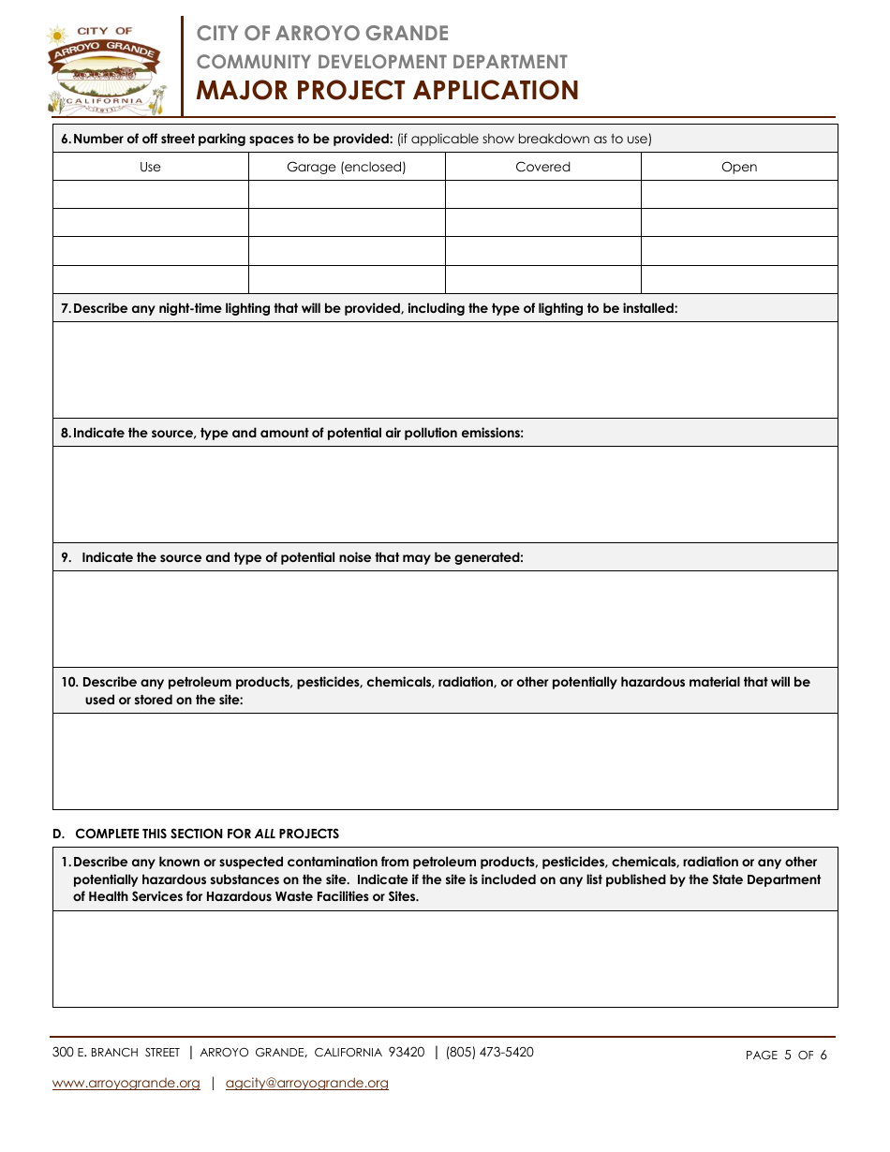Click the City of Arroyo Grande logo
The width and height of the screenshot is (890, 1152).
105,69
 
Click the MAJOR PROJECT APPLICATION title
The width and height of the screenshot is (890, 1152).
387,91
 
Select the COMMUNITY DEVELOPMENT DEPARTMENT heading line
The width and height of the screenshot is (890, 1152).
381,62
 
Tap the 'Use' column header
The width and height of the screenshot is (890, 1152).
150,167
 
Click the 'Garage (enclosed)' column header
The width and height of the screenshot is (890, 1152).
346,167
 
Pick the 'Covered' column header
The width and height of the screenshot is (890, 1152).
542,167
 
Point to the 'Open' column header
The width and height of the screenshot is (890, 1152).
739,167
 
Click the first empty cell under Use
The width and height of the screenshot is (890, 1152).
150,194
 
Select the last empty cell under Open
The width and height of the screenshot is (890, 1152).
739,279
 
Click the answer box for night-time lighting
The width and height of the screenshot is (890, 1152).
445,370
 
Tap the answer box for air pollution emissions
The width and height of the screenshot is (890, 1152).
445,495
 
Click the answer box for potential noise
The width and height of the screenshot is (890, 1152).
445,619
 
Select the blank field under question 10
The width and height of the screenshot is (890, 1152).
445,761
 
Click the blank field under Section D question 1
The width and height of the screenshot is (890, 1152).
445,959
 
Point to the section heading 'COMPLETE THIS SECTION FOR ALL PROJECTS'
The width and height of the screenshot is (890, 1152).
206,834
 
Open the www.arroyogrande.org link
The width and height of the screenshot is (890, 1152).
126,1084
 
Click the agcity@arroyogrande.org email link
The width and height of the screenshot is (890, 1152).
307,1084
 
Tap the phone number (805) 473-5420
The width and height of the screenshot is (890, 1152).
489,1053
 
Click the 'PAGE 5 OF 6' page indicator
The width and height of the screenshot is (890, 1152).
786,1056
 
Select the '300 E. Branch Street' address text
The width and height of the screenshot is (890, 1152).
116,1053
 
